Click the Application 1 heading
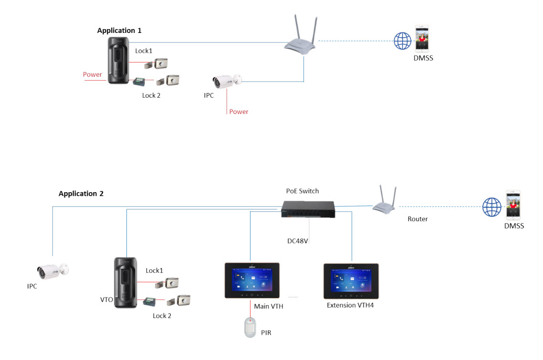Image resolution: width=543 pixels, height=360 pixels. click(119, 31)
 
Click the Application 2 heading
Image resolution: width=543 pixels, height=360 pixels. click(81, 194)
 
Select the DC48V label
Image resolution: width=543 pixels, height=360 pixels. click(298, 241)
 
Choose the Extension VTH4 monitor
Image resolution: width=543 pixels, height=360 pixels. click(351, 281)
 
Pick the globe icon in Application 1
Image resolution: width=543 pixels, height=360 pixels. click(402, 41)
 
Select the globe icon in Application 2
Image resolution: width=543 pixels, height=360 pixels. click(491, 207)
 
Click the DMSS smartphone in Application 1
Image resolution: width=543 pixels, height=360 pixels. click(421, 38)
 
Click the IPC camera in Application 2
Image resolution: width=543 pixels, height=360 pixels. click(52, 271)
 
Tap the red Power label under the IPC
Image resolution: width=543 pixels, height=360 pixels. click(239, 112)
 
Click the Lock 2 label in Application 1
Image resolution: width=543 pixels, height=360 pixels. click(151, 95)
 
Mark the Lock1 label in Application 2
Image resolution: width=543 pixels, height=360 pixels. click(154, 270)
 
